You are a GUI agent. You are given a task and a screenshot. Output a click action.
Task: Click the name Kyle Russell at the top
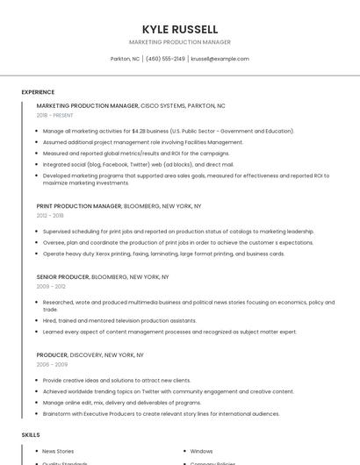pyautogui.click(x=180, y=29)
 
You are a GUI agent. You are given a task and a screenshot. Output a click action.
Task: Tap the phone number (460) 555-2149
pyautogui.click(x=165, y=59)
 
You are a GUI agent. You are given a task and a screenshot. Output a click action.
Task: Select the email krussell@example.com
pyautogui.click(x=220, y=59)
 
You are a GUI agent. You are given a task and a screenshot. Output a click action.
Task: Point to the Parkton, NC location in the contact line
pyautogui.click(x=125, y=59)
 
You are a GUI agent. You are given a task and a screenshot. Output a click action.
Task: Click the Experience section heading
pyautogui.click(x=38, y=92)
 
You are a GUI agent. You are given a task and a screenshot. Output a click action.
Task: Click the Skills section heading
pyautogui.click(x=31, y=434)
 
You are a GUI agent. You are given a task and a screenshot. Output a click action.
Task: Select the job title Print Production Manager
pyautogui.click(x=79, y=206)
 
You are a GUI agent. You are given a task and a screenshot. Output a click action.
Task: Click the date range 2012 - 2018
pyautogui.click(x=50, y=215)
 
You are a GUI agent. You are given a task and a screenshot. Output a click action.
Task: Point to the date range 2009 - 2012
pyautogui.click(x=50, y=286)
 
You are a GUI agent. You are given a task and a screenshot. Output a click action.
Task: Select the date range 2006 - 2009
pyautogui.click(x=52, y=364)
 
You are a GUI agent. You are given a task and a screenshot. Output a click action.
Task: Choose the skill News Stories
pyautogui.click(x=58, y=451)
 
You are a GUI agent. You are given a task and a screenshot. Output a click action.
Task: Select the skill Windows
pyautogui.click(x=201, y=451)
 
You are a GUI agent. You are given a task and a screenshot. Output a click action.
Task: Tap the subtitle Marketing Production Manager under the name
pyautogui.click(x=180, y=42)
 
